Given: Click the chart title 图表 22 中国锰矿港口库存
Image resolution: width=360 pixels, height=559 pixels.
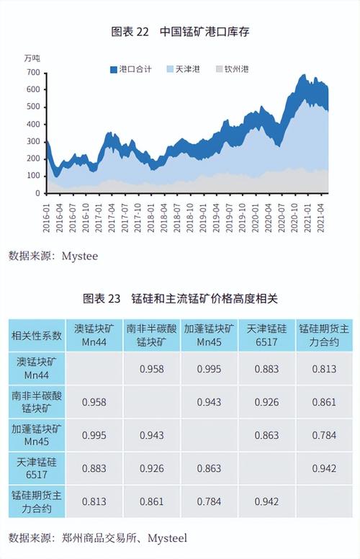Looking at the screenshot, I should pos(179,32).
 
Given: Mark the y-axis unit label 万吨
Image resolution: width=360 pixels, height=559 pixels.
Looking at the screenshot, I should pos(32,57).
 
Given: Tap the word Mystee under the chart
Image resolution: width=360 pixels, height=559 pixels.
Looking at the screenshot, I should pos(79,256).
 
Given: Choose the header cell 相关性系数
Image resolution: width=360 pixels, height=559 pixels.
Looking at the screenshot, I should pos(36,335).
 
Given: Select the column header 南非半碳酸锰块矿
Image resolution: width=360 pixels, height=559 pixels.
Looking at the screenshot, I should pos(151,335).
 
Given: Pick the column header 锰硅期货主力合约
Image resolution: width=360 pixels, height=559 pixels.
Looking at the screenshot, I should pos(324,335).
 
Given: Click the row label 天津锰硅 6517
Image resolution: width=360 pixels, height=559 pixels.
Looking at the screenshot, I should pos(36,468).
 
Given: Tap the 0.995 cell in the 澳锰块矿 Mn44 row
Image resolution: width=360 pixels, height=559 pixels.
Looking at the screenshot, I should pos(209,369).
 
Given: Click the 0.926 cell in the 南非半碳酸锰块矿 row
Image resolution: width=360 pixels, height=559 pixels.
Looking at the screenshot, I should pos(266,402).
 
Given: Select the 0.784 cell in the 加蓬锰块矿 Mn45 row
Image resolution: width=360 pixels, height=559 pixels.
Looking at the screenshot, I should pos(324,435).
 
